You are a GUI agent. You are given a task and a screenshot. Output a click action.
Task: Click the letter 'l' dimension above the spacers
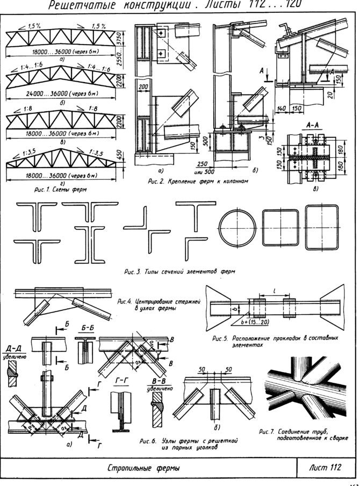[x=275, y=291]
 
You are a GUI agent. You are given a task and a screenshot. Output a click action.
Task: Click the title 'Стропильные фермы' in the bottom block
[x=148, y=467]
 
